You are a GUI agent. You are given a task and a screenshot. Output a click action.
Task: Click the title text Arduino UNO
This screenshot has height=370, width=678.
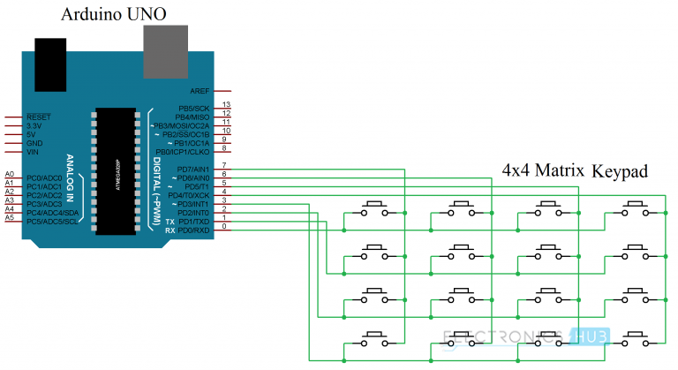point(113,15)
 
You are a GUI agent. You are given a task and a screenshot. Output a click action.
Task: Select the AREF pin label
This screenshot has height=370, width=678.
point(199,91)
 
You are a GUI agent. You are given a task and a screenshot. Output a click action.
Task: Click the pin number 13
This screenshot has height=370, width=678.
point(226,105)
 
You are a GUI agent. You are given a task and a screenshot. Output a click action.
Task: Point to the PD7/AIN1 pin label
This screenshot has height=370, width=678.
point(193,169)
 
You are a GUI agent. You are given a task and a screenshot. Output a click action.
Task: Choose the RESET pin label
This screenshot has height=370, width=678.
point(39,117)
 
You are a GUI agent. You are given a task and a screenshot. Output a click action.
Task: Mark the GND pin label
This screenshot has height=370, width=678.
point(34,143)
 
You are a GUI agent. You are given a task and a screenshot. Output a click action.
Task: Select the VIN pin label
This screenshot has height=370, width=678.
point(34,152)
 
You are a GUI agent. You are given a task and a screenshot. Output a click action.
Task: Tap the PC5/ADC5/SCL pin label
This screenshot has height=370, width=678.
point(51,221)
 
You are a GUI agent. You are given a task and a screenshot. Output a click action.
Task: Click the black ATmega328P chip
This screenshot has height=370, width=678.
point(117,171)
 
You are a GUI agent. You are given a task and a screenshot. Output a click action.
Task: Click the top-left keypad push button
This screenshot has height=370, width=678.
point(374,209)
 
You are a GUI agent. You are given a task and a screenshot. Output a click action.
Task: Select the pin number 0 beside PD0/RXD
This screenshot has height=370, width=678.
point(224,228)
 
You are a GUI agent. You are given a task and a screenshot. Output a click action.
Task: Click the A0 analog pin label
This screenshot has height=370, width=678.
point(10,175)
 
